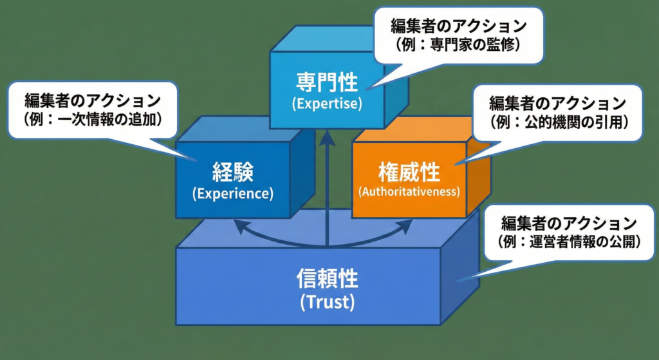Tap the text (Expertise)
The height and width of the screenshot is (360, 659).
(327, 103)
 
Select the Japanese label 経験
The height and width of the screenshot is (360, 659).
(233, 173)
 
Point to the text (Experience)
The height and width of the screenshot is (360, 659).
(233, 193)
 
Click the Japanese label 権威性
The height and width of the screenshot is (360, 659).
(409, 173)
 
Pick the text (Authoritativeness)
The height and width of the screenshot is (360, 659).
(409, 192)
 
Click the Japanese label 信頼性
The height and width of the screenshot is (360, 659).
(327, 279)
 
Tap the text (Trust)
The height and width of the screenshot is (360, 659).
(327, 302)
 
